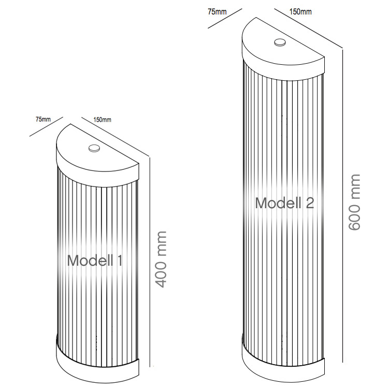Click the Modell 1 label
pyautogui.click(x=95, y=260)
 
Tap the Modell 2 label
pyautogui.click(x=284, y=203)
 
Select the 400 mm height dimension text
pyautogui.click(x=162, y=259)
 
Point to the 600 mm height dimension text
pyautogui.click(x=354, y=203)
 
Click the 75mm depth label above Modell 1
pyautogui.click(x=43, y=119)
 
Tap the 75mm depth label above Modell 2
pyautogui.click(x=217, y=11)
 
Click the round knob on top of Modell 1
pyautogui.click(x=94, y=148)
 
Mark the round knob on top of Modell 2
pyautogui.click(x=280, y=42)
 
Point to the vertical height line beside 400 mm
pyautogui.click(x=149, y=259)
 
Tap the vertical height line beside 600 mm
pyautogui.click(x=342, y=207)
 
